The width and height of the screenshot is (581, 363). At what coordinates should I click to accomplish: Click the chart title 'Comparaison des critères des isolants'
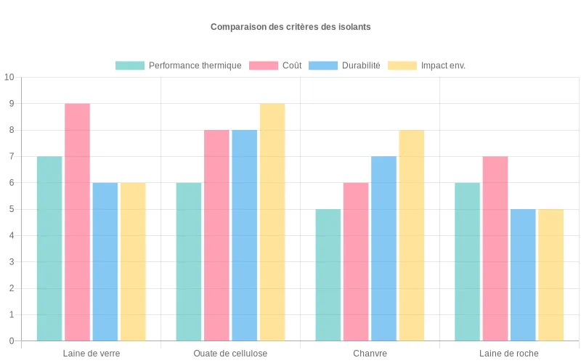[x=290, y=27]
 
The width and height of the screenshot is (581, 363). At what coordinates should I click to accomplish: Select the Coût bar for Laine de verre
[x=77, y=222]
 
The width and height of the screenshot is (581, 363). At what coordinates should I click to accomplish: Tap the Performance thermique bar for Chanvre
[x=328, y=275]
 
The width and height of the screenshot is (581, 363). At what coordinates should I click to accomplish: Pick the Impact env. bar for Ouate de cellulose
[x=272, y=222]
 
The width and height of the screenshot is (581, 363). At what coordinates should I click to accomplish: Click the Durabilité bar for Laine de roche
[x=523, y=275]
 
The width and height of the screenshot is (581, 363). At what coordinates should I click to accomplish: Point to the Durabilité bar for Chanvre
[x=383, y=248]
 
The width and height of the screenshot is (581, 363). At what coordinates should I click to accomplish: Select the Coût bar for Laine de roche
[x=495, y=248]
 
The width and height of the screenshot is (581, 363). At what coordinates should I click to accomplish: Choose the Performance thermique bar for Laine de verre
[x=49, y=248]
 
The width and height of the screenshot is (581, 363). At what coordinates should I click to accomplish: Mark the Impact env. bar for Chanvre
[x=411, y=235]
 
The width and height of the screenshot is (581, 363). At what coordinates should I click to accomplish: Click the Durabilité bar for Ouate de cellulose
[x=245, y=235]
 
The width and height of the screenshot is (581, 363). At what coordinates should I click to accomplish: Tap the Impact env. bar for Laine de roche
[x=550, y=275]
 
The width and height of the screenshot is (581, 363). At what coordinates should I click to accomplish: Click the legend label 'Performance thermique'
[x=195, y=65]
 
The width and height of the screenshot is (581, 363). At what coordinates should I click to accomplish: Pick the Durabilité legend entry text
[x=361, y=65]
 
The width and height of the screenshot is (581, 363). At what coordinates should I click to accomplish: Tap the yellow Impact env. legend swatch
[x=402, y=65]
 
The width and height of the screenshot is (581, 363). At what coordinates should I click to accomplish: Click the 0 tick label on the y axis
[x=11, y=341]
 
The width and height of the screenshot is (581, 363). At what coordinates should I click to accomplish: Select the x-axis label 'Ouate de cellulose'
[x=230, y=354]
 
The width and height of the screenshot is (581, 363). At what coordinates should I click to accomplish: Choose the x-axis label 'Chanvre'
[x=370, y=354]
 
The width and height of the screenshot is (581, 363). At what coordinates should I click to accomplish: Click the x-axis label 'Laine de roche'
[x=509, y=354]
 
